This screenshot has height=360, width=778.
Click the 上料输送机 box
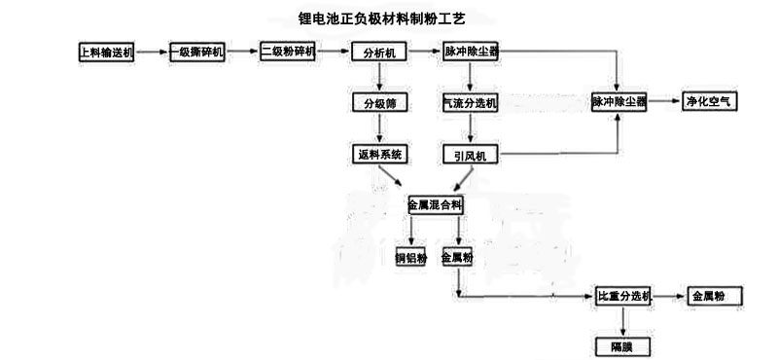106,53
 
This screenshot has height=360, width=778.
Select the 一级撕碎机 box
197,53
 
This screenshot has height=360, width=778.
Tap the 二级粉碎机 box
288,52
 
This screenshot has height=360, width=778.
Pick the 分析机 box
379,53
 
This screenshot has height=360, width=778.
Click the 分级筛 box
379,103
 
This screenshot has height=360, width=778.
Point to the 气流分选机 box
470,103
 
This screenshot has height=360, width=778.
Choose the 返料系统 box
379,155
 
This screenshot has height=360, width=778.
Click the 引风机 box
471,155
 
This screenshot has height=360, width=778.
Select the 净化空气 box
709,101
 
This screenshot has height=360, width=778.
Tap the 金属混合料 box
436,204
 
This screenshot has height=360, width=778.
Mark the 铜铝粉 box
410,257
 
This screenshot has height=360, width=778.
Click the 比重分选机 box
623,297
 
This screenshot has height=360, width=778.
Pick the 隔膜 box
622,346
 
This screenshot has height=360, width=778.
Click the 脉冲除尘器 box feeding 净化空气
619,102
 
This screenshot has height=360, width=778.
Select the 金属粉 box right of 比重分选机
715,297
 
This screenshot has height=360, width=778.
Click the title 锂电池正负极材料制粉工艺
381,19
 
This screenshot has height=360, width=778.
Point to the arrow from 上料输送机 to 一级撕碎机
152,52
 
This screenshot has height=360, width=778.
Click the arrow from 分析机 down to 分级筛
379,77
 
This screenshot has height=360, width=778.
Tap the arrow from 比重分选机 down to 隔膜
623,321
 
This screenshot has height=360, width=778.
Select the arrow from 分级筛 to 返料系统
379,128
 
